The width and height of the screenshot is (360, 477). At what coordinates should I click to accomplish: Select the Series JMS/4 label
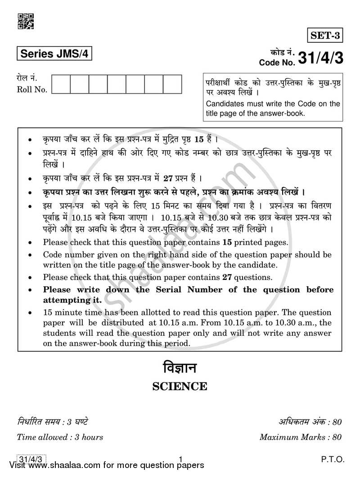click(54, 54)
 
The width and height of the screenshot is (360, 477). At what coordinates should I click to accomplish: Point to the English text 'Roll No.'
click(32, 89)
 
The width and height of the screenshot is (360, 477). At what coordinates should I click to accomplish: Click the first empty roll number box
click(61, 85)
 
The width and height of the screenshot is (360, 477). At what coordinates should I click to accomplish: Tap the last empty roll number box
click(172, 85)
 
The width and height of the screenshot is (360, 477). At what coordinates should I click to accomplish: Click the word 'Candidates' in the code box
click(226, 104)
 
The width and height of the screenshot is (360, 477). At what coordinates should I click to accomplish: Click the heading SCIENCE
click(180, 387)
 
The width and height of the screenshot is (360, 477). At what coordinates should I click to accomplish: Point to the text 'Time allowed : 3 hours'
click(60, 437)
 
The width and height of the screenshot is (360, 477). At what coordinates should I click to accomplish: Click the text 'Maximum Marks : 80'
click(301, 437)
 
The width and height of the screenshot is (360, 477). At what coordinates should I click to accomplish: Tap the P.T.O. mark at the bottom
click(333, 459)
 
